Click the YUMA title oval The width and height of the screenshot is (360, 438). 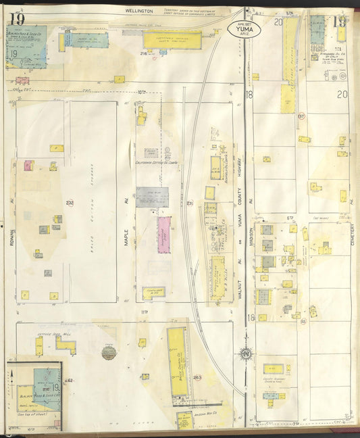tap(245, 29)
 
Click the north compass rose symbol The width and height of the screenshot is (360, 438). tap(246, 353)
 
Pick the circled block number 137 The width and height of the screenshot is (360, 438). tap(301, 116)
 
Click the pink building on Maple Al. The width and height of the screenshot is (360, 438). tap(163, 235)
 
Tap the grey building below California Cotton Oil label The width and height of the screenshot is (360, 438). tap(153, 197)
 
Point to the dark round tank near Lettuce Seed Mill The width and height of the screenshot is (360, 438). tap(109, 352)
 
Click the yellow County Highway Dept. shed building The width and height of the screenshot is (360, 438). tap(274, 368)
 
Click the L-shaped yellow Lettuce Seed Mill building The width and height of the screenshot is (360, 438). tap(66, 345)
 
